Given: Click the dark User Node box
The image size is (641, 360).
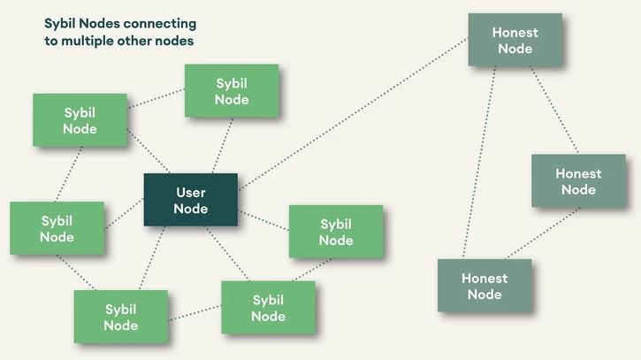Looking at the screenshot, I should click(x=191, y=200).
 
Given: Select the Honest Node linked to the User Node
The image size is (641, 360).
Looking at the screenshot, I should click(x=515, y=40).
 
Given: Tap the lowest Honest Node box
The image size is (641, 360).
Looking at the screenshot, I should click(x=485, y=285).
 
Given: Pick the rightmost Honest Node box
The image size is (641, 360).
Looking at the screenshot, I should click(x=578, y=181).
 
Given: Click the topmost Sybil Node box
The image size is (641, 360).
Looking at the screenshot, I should click(x=232, y=91).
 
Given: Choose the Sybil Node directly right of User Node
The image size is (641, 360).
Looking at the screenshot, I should click(x=336, y=232).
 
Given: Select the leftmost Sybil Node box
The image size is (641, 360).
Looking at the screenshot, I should click(x=57, y=228).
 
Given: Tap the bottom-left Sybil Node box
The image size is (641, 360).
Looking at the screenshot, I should click(x=120, y=317).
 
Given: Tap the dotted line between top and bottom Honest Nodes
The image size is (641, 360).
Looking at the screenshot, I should click(x=478, y=163).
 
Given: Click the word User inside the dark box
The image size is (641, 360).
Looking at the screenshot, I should click(x=191, y=192).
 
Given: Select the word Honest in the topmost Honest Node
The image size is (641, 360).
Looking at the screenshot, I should click(x=515, y=33).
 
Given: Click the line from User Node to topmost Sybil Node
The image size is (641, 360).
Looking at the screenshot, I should click(x=223, y=145).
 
